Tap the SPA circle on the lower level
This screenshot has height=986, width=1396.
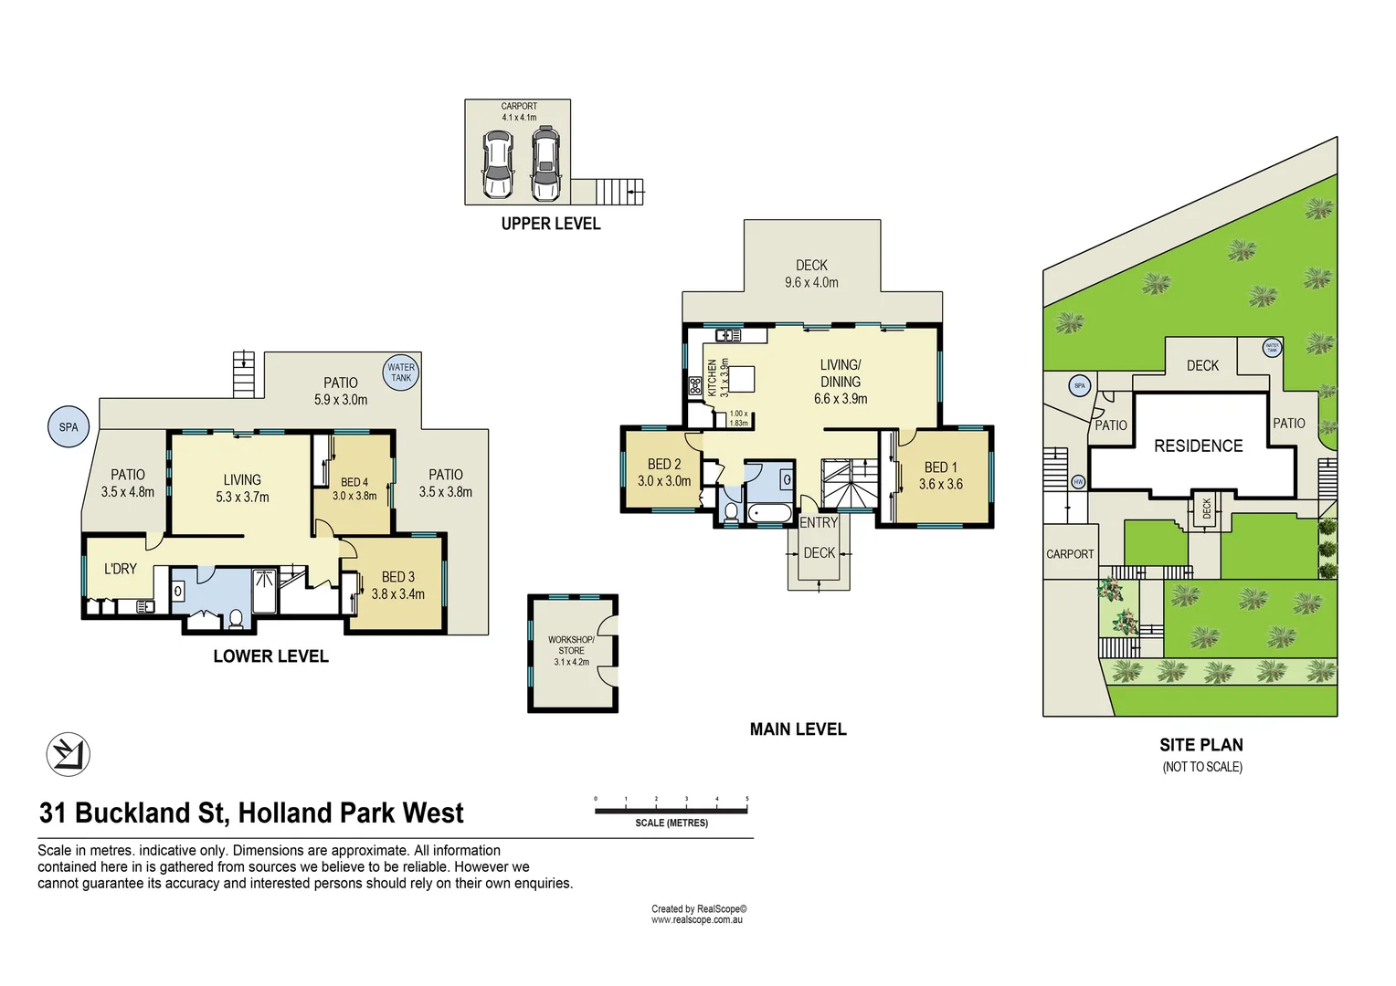[69, 427]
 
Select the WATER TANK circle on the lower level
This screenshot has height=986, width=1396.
[400, 372]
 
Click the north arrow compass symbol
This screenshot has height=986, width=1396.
[68, 754]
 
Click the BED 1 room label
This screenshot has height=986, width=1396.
[941, 467]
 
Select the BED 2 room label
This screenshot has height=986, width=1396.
[664, 465]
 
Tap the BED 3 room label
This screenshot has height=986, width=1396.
[398, 577]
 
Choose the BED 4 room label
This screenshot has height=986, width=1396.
[354, 482]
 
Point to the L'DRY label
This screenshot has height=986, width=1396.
[121, 569]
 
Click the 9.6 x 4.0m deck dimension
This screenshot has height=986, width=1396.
[811, 283]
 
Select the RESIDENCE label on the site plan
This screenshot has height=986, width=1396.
[1198, 446]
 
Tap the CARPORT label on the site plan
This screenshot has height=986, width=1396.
[1070, 554]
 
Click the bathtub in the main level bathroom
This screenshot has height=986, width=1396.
[770, 513]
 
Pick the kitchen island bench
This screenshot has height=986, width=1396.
[741, 378]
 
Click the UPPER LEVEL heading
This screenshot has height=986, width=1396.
[550, 224]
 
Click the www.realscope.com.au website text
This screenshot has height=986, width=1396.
[696, 920]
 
